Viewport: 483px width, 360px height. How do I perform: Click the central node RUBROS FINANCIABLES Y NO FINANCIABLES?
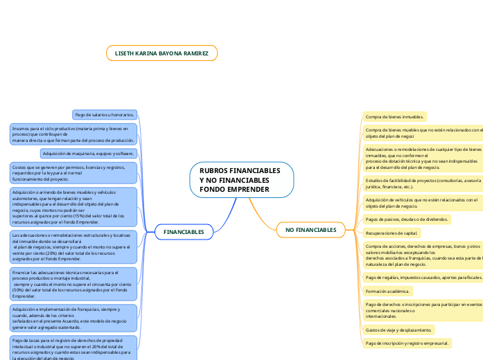[x=240, y=179]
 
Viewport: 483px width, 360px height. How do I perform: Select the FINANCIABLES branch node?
[x=184, y=232]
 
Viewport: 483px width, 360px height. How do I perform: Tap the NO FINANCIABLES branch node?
[x=310, y=229]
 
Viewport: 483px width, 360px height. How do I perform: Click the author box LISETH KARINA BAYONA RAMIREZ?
[x=161, y=53]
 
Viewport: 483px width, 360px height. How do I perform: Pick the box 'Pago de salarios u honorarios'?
[x=105, y=114]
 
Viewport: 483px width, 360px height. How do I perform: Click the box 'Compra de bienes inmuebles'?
[x=394, y=117]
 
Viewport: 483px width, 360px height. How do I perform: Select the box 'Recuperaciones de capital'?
[x=392, y=233]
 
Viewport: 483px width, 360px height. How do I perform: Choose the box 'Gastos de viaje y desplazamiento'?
[x=399, y=329]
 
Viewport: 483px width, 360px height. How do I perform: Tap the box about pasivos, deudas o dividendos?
[x=407, y=219]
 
